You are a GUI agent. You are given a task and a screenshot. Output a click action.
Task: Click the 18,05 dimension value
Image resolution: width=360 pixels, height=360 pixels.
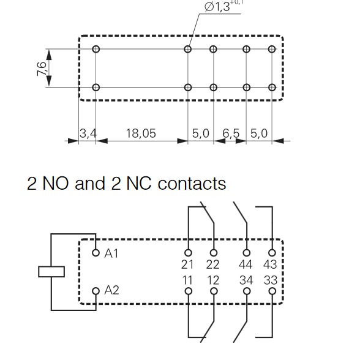[x=141, y=133]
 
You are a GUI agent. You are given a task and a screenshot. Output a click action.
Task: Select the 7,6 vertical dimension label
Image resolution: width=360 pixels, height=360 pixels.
[x=42, y=69]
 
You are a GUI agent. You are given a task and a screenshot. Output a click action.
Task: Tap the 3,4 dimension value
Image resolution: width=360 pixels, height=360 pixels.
[x=88, y=133]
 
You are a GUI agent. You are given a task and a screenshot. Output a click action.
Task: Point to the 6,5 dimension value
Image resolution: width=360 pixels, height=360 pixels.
[x=231, y=133]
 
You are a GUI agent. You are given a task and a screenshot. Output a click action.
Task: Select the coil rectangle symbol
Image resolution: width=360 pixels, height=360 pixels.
[x=51, y=272]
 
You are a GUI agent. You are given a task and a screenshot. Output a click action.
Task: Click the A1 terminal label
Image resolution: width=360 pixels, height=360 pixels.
[x=111, y=253]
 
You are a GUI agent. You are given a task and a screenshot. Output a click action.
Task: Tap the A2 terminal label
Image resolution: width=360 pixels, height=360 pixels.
[x=111, y=290]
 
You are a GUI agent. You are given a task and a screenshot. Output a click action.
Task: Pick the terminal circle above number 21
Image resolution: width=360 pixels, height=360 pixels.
[x=188, y=253]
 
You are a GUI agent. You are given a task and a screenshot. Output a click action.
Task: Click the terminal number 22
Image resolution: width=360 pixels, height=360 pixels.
[x=212, y=264]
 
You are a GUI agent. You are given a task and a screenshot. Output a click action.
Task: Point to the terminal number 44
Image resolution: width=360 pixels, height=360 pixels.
[x=246, y=264]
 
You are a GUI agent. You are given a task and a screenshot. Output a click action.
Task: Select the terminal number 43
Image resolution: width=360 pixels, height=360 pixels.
[x=270, y=264]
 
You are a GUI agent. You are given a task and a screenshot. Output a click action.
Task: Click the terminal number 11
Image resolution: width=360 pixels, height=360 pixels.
[x=187, y=280]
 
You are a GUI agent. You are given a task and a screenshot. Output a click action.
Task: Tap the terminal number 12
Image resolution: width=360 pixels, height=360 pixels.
[x=213, y=280]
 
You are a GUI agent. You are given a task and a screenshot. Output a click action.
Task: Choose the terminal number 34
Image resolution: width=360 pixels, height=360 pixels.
[x=246, y=280]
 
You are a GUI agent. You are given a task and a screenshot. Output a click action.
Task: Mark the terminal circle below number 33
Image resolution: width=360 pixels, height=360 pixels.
[x=272, y=291]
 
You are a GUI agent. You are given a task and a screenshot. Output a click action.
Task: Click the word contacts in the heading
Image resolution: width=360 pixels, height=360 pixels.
[x=192, y=184]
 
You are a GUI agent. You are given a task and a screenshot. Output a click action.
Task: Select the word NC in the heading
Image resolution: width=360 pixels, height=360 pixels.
[x=139, y=183]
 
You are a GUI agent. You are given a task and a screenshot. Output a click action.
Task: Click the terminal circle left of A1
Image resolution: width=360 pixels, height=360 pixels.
[x=96, y=253]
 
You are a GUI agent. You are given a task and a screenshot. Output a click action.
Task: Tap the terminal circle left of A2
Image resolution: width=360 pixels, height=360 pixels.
[x=96, y=291]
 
